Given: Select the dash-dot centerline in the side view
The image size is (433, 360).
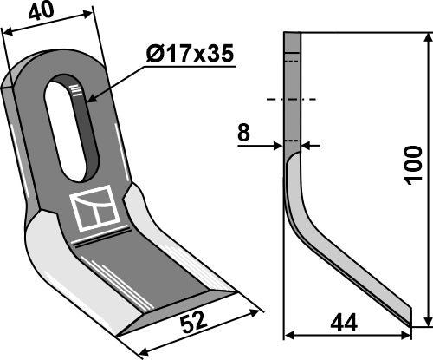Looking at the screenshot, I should coord(292,101).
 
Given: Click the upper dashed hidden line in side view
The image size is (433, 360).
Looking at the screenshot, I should coord(292,62).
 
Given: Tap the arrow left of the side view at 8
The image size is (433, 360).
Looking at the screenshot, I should coord(279,145).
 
